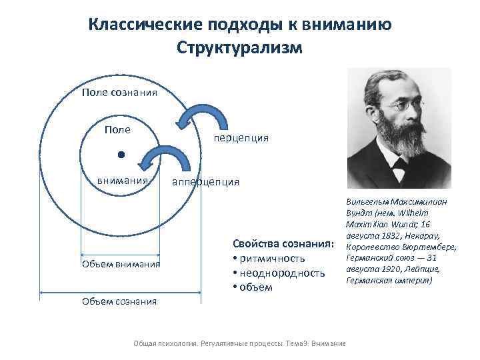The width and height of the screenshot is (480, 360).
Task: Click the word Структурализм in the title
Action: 240,48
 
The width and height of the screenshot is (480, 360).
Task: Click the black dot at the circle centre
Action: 120,155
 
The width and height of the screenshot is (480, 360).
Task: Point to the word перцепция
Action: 241,138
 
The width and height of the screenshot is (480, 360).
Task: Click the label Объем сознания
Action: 120,301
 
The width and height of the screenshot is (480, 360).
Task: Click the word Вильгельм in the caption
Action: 369,201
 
